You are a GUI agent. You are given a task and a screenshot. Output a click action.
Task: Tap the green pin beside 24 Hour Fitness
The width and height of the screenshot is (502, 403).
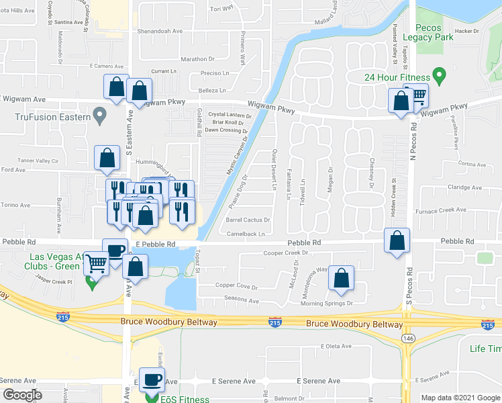click(440, 75)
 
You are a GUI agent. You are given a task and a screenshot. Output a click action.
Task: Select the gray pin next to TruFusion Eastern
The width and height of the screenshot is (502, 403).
click(100, 116)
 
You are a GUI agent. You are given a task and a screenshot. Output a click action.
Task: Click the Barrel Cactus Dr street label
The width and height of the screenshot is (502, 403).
click(248, 220)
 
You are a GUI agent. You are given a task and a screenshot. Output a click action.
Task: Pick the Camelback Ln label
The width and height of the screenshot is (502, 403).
click(245, 234)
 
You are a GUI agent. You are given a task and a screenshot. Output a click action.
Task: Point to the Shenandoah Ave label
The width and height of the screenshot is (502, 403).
click(160, 31)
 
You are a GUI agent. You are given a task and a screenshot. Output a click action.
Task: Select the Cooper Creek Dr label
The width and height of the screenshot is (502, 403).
click(285, 253)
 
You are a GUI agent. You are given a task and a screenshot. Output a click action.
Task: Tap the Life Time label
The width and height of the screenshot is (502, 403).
click(485, 349)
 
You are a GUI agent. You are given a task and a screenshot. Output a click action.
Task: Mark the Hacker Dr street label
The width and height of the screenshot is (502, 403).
click(466, 31)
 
